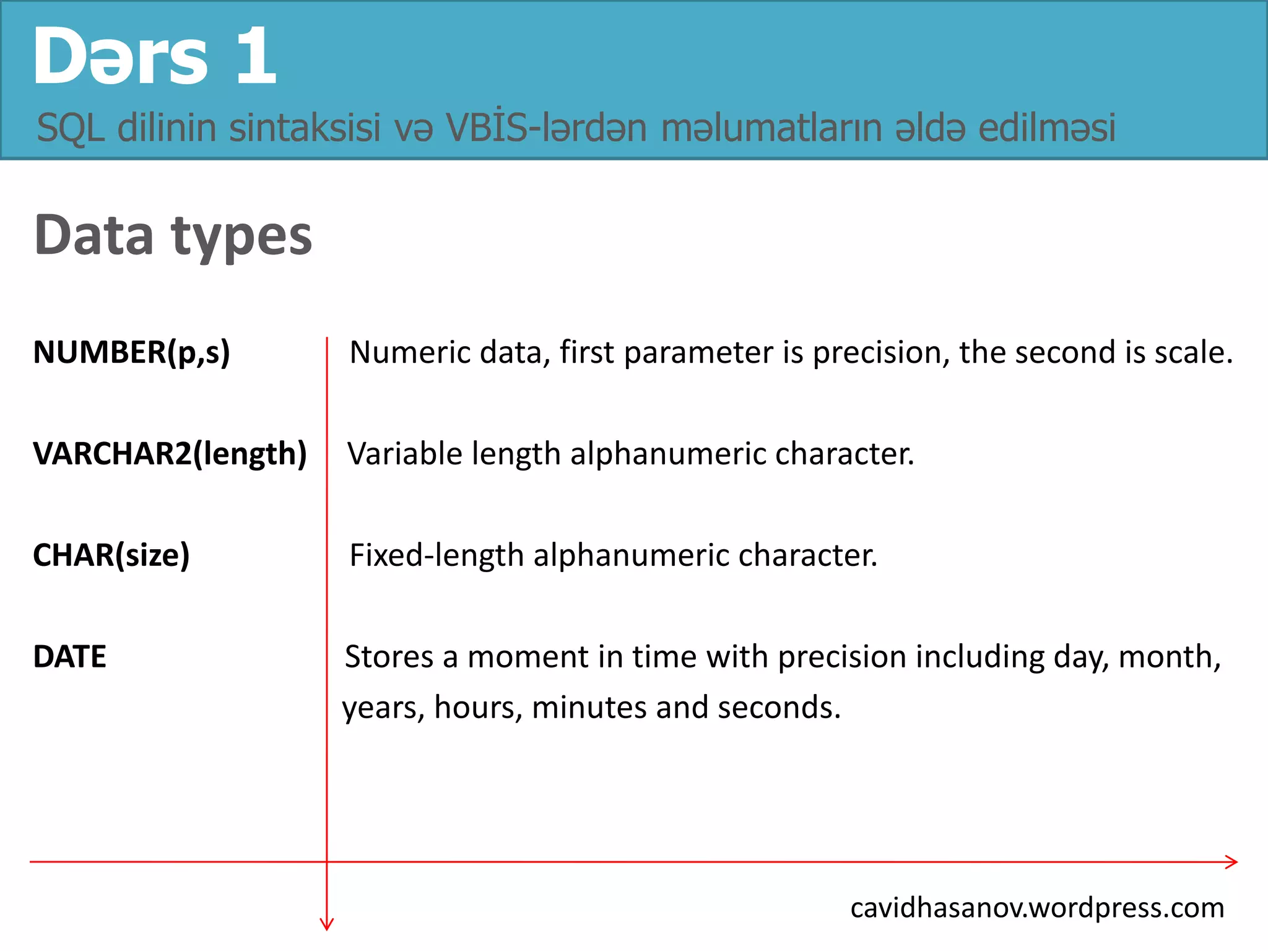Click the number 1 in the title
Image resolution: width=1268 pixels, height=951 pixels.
(x=256, y=57)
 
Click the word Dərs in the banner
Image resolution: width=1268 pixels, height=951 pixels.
(x=121, y=57)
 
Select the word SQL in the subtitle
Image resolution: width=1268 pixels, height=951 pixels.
(x=70, y=128)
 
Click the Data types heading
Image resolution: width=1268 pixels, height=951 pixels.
(x=173, y=236)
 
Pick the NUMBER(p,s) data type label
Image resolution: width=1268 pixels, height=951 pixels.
(x=131, y=352)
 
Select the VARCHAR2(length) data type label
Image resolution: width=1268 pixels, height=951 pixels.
(x=170, y=454)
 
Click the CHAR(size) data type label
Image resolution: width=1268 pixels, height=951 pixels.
(x=111, y=555)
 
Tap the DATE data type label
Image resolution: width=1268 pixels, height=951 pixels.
(x=69, y=657)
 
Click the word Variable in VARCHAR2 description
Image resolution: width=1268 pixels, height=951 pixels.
(x=405, y=454)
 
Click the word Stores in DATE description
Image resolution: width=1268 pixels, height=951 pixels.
(x=389, y=657)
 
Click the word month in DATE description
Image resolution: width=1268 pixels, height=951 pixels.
(x=1169, y=657)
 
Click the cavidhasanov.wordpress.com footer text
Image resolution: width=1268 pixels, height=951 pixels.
(x=1037, y=908)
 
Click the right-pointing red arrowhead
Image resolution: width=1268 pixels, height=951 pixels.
(x=1231, y=862)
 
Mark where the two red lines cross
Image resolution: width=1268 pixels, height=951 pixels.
(x=327, y=862)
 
